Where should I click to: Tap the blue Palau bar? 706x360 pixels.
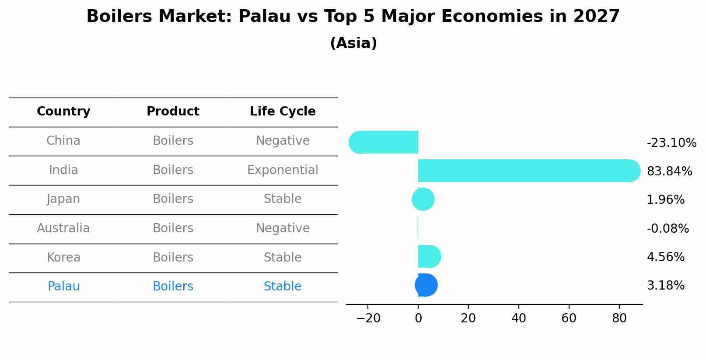[426, 285]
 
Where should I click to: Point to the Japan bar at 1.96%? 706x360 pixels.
[423, 199]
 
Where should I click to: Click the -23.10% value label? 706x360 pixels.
[671, 143]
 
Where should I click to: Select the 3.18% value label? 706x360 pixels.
[665, 286]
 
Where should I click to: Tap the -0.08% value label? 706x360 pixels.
[668, 229]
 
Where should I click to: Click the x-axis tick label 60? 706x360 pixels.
[569, 318]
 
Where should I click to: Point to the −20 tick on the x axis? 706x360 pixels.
[368, 318]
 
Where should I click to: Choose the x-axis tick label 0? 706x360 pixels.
[418, 318]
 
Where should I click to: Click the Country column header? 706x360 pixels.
[63, 112]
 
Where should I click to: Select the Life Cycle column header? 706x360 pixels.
[283, 112]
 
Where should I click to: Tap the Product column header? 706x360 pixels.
[173, 112]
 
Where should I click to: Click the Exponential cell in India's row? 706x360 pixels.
[283, 170]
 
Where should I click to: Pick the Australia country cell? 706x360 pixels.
[63, 228]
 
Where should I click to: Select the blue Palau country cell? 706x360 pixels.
[63, 287]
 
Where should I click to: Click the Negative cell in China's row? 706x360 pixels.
[283, 141]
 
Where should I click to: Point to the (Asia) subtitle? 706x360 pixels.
[353, 43]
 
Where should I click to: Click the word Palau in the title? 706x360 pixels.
[265, 17]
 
